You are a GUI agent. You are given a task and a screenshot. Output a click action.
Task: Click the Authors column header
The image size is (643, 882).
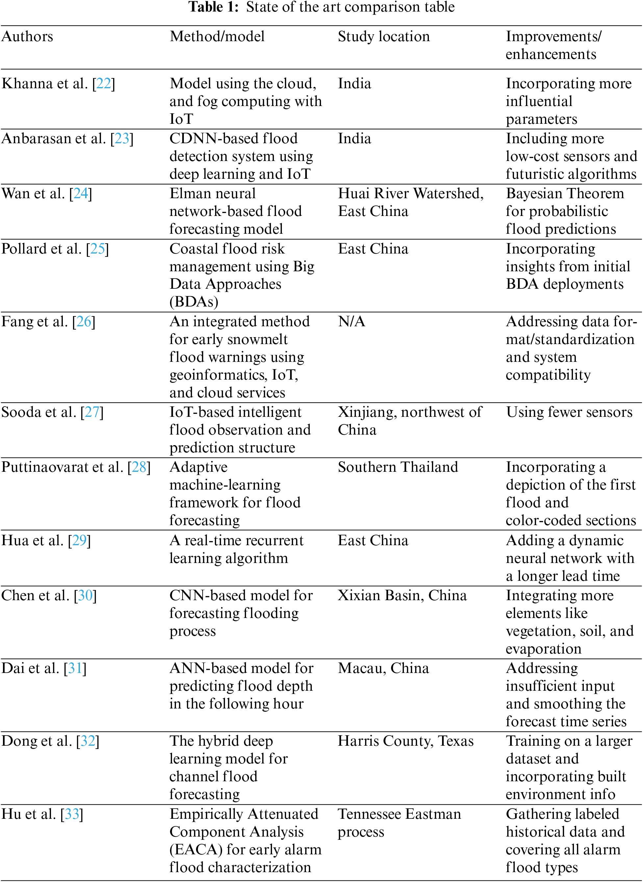pos(27,37)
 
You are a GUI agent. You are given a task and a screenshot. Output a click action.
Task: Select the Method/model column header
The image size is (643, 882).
pos(217,37)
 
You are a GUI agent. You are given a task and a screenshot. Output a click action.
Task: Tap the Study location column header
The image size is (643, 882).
pos(383,37)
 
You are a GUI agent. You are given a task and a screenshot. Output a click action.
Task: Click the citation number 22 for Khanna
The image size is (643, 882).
pos(104,84)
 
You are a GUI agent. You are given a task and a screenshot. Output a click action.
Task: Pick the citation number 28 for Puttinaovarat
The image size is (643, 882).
pos(139,467)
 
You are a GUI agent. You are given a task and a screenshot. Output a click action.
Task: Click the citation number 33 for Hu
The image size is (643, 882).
pos(72,814)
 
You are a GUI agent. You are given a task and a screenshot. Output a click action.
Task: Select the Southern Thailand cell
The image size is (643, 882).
pos(397,467)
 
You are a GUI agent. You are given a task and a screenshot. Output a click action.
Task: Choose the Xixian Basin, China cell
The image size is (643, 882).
pos(402,596)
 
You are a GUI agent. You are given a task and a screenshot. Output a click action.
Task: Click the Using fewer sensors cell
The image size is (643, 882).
pos(569,412)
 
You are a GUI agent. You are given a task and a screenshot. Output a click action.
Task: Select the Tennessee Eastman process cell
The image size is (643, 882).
pos(399,822)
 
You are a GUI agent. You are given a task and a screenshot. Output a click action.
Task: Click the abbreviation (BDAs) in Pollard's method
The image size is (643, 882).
pos(193,302)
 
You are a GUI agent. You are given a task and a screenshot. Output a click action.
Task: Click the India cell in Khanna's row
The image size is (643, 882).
pos(354,84)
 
